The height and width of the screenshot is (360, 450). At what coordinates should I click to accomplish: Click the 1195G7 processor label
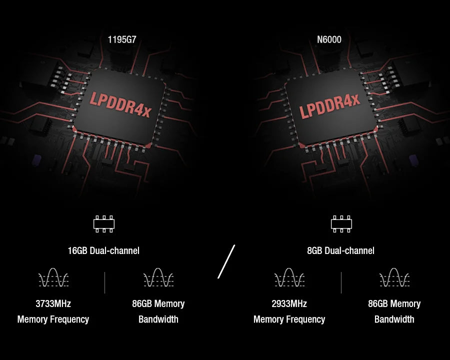click(121, 39)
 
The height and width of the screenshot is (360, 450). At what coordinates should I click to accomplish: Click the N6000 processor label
click(329, 39)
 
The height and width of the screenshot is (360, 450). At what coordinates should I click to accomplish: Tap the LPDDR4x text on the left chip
click(120, 103)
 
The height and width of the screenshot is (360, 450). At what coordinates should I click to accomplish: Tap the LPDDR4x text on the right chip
click(329, 105)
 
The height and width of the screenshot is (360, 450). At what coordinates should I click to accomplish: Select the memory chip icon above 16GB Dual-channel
click(104, 224)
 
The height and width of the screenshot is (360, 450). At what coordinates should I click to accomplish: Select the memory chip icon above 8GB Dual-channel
click(341, 224)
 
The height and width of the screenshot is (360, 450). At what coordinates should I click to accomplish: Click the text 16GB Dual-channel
click(103, 250)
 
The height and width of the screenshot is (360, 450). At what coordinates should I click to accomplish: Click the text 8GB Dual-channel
click(340, 250)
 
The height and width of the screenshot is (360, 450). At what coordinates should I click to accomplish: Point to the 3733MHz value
click(53, 303)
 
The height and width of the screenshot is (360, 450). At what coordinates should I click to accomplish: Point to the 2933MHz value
click(289, 303)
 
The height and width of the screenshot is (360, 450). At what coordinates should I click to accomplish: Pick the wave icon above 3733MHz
click(53, 278)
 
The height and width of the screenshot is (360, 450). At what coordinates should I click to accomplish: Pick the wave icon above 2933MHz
click(289, 278)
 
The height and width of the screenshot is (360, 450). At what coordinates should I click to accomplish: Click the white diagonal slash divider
click(226, 261)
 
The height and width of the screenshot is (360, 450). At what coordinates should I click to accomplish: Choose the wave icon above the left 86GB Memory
click(158, 278)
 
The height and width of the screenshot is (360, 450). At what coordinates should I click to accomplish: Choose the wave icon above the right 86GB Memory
click(394, 278)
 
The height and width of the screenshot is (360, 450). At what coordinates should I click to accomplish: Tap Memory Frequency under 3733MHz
click(53, 319)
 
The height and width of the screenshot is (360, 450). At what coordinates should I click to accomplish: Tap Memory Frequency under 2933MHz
click(289, 319)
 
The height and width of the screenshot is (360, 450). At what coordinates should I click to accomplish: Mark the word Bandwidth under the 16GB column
click(158, 319)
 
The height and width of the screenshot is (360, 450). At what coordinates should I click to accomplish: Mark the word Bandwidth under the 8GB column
click(394, 319)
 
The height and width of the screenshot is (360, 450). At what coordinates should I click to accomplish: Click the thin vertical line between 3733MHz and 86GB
click(105, 282)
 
